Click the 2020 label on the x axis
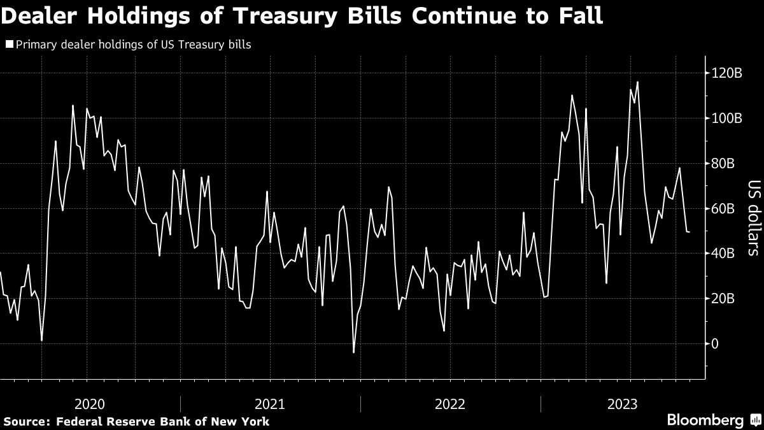click(90, 403)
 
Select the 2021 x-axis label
click(270, 403)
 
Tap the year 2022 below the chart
click(450, 403)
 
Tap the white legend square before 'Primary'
click(9, 45)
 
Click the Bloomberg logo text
click(705, 420)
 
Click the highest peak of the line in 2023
click(637, 82)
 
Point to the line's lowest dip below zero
click(353, 352)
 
